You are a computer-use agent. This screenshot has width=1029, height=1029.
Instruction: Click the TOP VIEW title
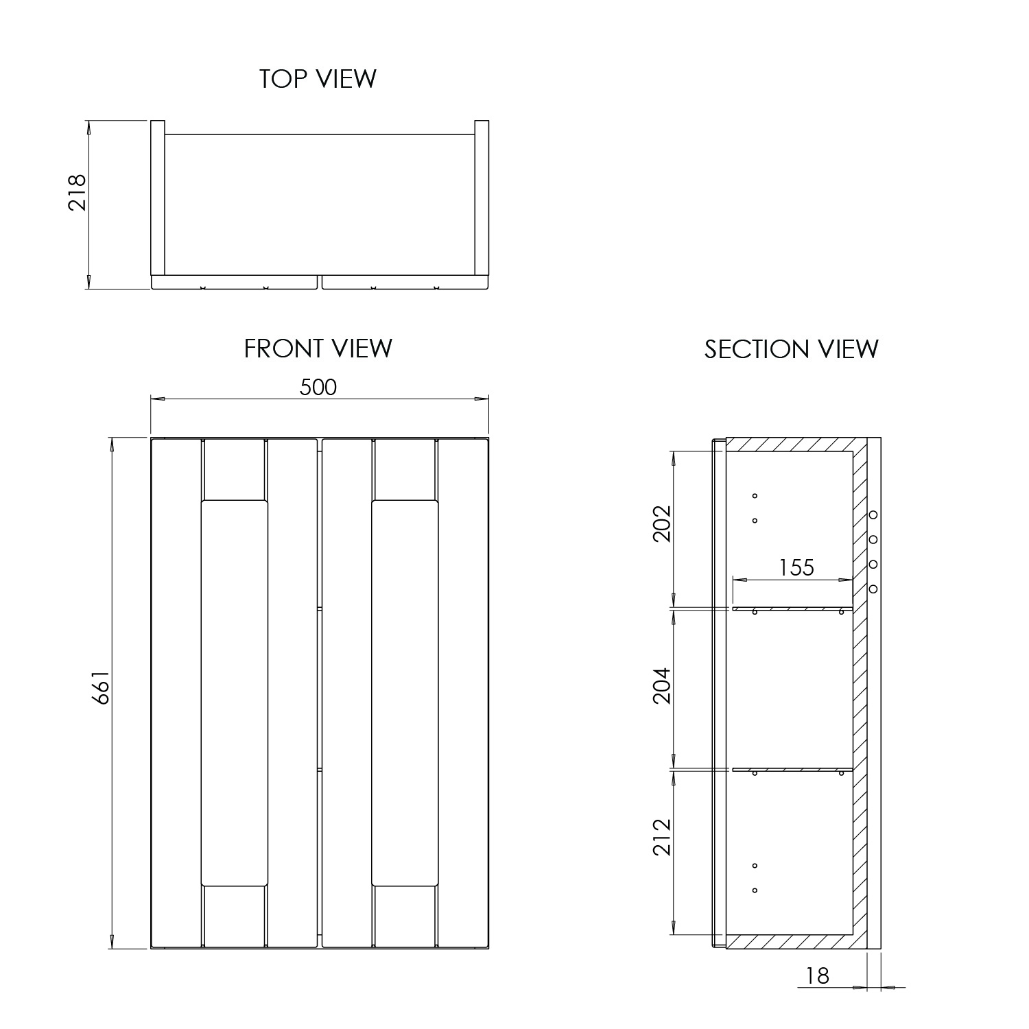tap(318, 79)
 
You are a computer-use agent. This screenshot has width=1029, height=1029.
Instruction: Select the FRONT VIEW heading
tap(318, 348)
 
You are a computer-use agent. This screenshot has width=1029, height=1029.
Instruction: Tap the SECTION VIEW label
tap(791, 349)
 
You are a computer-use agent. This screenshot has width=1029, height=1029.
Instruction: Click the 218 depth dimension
tap(77, 192)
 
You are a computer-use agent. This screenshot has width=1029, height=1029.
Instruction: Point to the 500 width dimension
tap(318, 388)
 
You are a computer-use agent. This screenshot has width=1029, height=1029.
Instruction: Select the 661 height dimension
tap(100, 687)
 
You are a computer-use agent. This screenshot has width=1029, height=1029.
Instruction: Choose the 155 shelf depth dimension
tap(796, 567)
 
